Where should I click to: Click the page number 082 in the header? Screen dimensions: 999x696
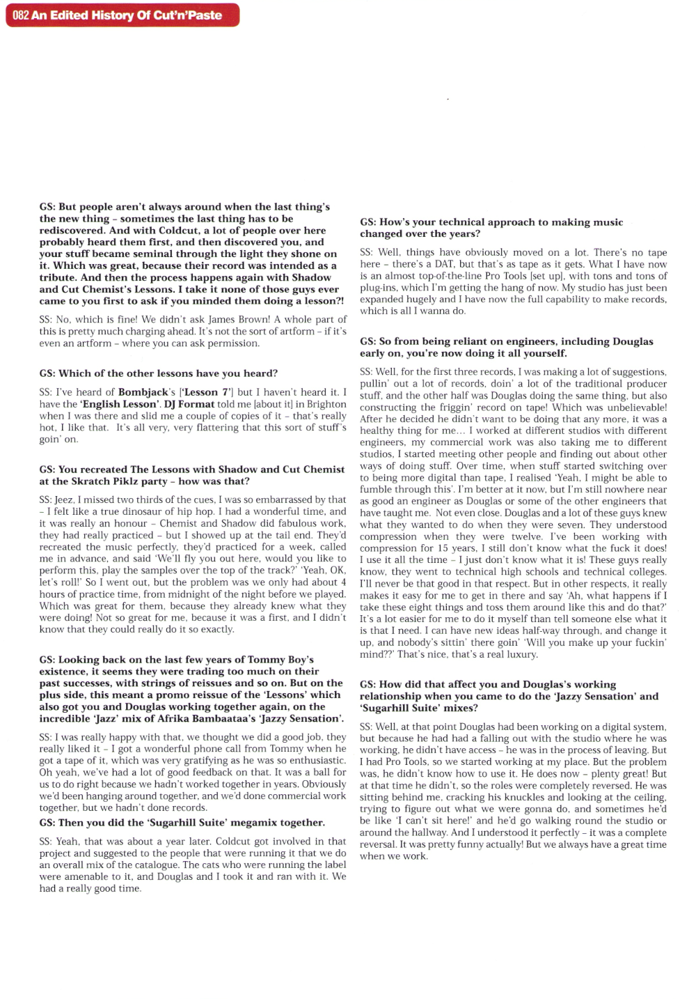pyautogui.click(x=20, y=15)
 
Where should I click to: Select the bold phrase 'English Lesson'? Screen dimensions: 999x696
pyautogui.click(x=120, y=404)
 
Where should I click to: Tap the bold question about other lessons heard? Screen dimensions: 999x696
pyautogui.click(x=159, y=373)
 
